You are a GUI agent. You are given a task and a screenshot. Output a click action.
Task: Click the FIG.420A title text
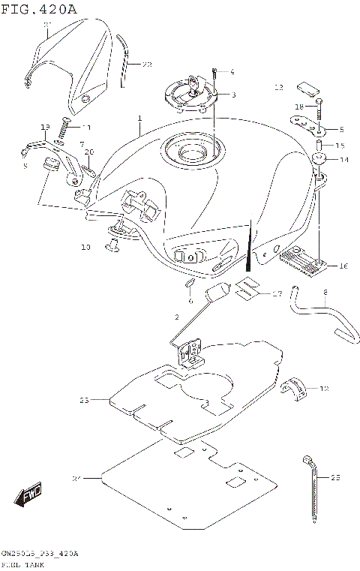(x=39, y=9)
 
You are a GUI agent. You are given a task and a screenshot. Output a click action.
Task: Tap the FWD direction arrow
(x=28, y=495)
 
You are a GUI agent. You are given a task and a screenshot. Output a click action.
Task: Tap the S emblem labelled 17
(x=248, y=288)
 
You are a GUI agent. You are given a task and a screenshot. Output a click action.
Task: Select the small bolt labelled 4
(x=214, y=74)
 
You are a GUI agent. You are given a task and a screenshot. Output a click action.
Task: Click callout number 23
(x=84, y=401)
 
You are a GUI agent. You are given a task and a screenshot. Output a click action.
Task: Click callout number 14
(x=344, y=160)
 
